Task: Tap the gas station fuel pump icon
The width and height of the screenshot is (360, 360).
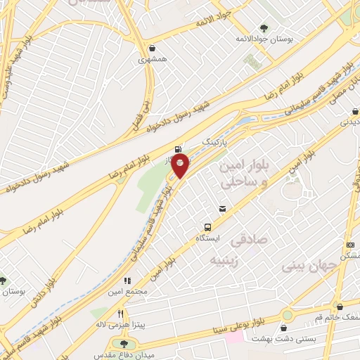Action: coord(176,149)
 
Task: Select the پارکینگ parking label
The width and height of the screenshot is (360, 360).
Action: coord(216,142)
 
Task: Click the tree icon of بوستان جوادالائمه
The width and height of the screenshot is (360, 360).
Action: coord(263,27)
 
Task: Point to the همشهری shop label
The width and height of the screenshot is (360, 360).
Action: coord(153,61)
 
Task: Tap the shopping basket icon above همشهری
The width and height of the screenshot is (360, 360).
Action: coord(153,49)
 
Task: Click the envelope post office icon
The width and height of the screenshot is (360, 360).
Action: coord(222,209)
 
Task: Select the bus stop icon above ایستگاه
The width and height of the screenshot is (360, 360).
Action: coord(207,227)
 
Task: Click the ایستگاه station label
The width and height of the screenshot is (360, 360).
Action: coord(207,239)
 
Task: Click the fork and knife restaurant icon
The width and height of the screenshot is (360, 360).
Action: coord(120,314)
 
